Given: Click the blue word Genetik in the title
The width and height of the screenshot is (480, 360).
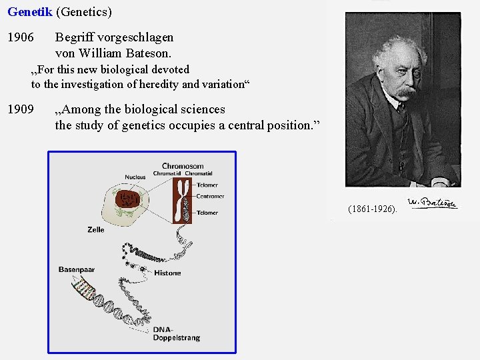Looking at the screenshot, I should click(x=29, y=12).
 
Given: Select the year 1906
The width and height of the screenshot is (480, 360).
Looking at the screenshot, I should click(x=21, y=37).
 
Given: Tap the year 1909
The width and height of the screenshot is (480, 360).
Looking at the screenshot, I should click(x=21, y=109).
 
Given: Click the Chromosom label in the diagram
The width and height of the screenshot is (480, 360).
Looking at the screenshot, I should click(x=183, y=166).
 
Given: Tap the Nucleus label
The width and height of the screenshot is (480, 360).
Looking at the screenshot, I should click(x=135, y=177).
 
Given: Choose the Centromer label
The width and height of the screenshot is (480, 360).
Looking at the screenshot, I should click(x=210, y=197).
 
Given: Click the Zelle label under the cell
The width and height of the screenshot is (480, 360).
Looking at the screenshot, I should click(x=96, y=229).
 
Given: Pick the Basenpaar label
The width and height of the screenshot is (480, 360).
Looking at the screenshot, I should click(x=77, y=269).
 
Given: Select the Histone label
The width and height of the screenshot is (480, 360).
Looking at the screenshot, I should click(x=167, y=273).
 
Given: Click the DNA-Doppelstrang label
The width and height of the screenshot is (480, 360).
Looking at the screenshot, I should click(x=176, y=334).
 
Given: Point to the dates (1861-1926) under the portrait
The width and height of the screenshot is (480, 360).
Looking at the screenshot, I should click(x=372, y=209).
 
